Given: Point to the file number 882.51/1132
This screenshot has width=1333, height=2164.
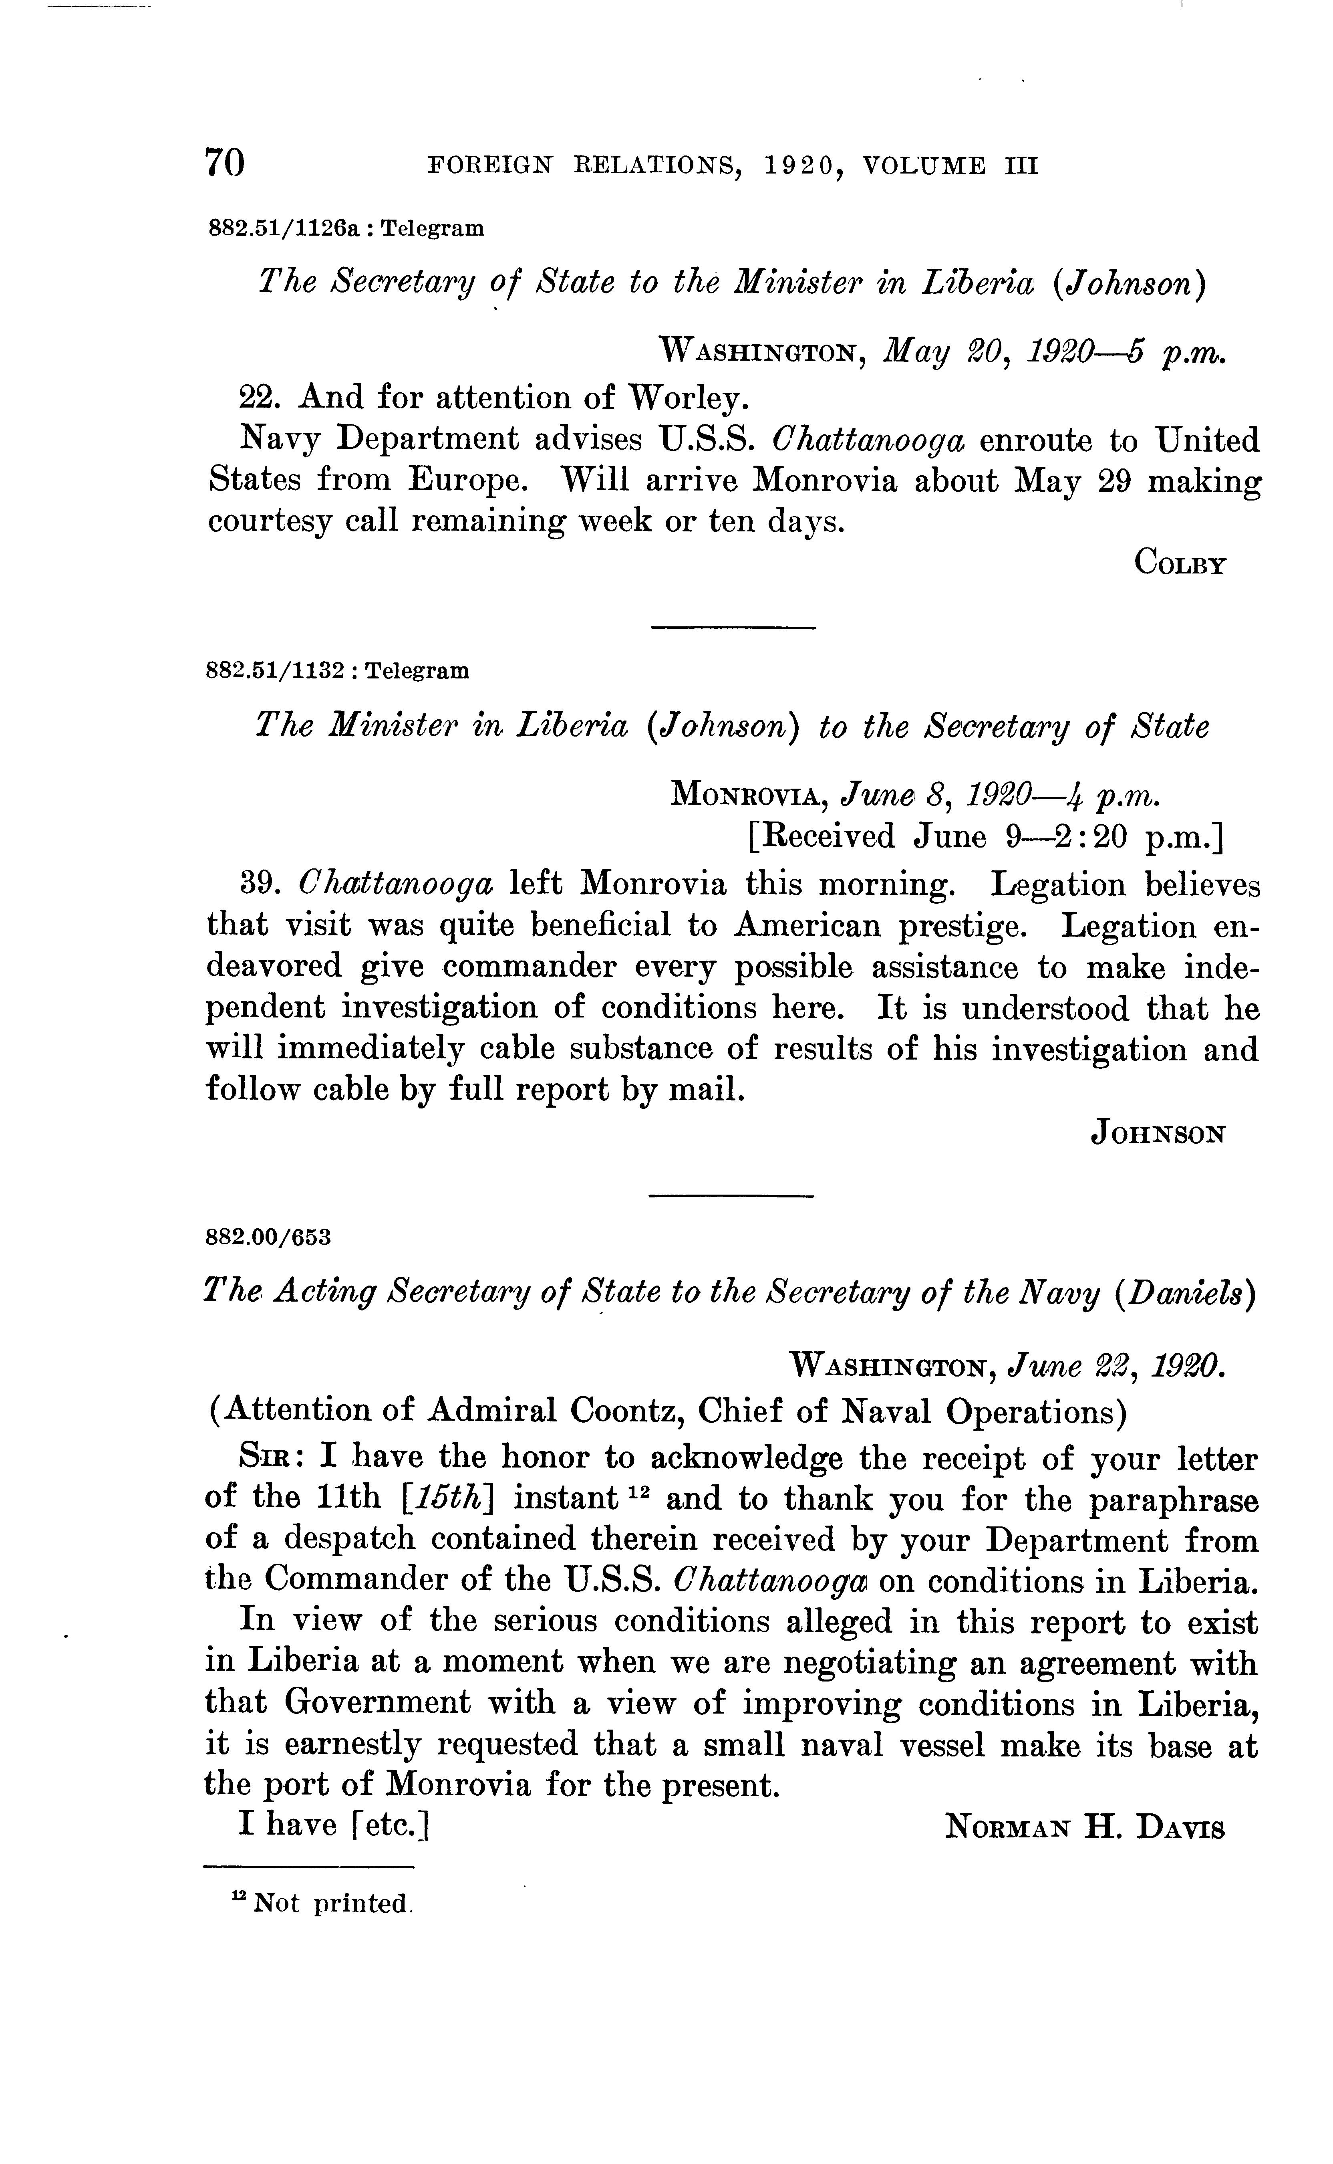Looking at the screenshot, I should coord(274,671).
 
